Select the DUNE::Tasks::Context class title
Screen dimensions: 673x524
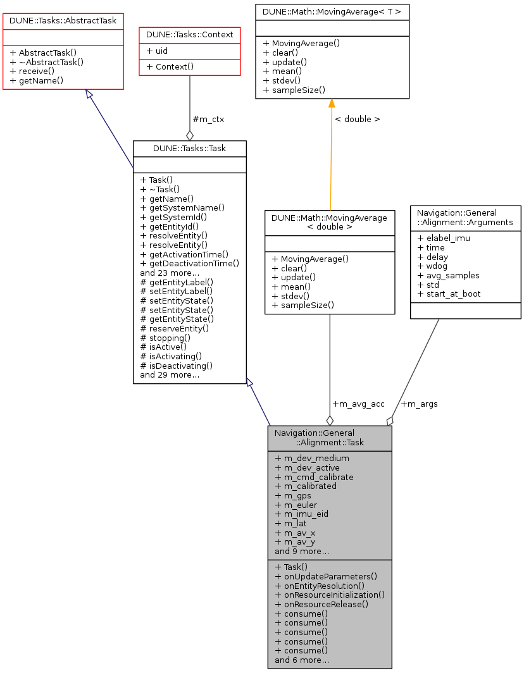(190, 34)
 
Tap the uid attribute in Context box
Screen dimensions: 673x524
(158, 51)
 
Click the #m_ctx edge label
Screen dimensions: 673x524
(208, 119)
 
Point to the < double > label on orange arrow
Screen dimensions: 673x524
(357, 119)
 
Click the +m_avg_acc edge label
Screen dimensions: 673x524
(358, 404)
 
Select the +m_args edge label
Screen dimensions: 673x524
(420, 404)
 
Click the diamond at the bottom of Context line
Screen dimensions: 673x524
(189, 135)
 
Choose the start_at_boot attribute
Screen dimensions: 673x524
(449, 294)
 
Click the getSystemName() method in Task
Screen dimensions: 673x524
(182, 207)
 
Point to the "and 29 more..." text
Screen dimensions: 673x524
(170, 374)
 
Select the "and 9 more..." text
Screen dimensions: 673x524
(302, 551)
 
